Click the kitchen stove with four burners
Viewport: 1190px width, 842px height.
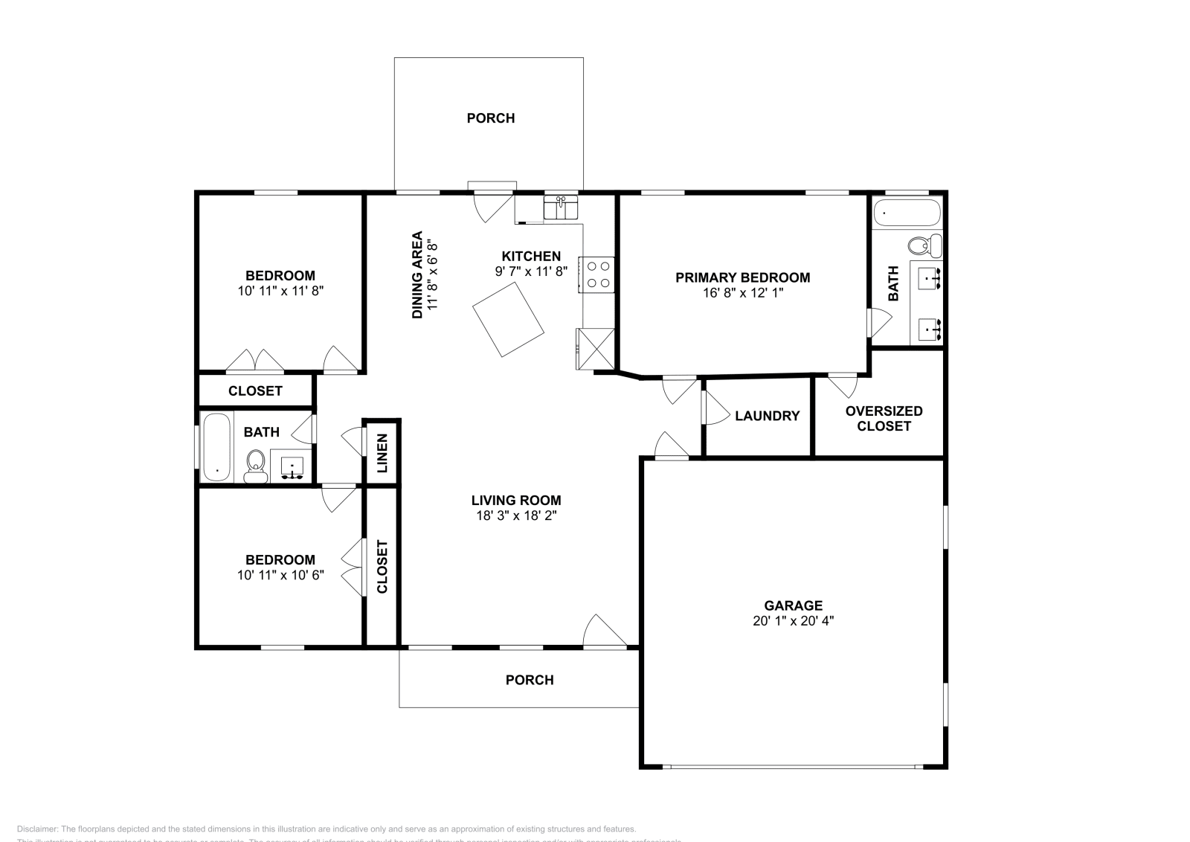[x=597, y=274]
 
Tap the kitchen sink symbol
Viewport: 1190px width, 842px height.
[x=561, y=208]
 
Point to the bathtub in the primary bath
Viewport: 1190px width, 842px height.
[x=907, y=213]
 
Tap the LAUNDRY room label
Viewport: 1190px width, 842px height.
[x=767, y=416]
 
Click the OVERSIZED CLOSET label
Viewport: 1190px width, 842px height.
[x=884, y=418]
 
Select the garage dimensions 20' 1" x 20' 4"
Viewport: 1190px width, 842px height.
[x=793, y=621]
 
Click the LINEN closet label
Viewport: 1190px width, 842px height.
[x=382, y=453]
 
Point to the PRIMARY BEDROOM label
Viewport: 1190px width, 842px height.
[x=742, y=277]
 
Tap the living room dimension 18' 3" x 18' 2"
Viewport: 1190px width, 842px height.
[x=516, y=515]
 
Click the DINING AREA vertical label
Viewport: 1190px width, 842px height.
[x=417, y=274]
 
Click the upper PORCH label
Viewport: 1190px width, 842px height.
[x=490, y=118]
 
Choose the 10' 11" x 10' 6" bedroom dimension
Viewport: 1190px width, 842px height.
[x=280, y=575]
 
